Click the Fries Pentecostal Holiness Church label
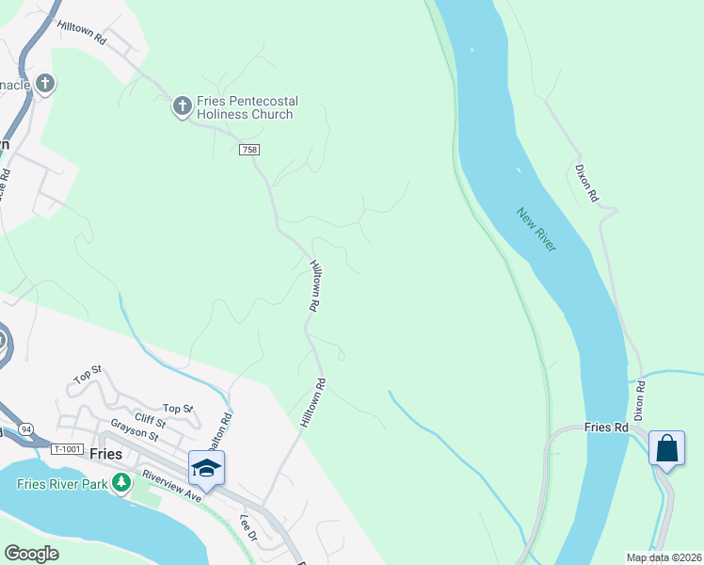pyautogui.click(x=245, y=107)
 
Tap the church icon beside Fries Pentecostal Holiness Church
pyautogui.click(x=182, y=106)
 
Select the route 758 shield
pyautogui.click(x=248, y=150)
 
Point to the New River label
pyautogui.click(x=536, y=228)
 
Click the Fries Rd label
pyautogui.click(x=605, y=427)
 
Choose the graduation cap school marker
pyautogui.click(x=206, y=467)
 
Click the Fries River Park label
pyautogui.click(x=60, y=484)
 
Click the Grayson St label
pyautogui.click(x=134, y=433)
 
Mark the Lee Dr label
pyautogui.click(x=248, y=527)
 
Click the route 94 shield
pyautogui.click(x=25, y=429)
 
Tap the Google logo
pyautogui.click(x=31, y=553)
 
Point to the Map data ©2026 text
pyautogui.click(x=664, y=557)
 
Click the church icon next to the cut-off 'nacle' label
pyautogui.click(x=44, y=85)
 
